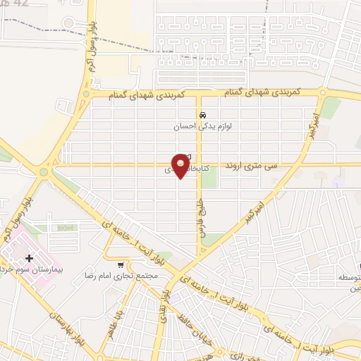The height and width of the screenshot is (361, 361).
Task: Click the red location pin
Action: click(x=181, y=166)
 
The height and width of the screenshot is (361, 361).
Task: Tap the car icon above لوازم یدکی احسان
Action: click(x=202, y=116)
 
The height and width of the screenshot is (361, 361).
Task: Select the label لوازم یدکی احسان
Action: click(x=202, y=127)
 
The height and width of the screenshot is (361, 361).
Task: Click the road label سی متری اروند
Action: click(x=251, y=166)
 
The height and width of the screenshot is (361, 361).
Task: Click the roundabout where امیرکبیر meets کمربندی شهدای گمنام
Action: click(x=322, y=92)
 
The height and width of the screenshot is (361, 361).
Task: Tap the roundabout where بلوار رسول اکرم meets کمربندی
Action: click(x=86, y=94)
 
